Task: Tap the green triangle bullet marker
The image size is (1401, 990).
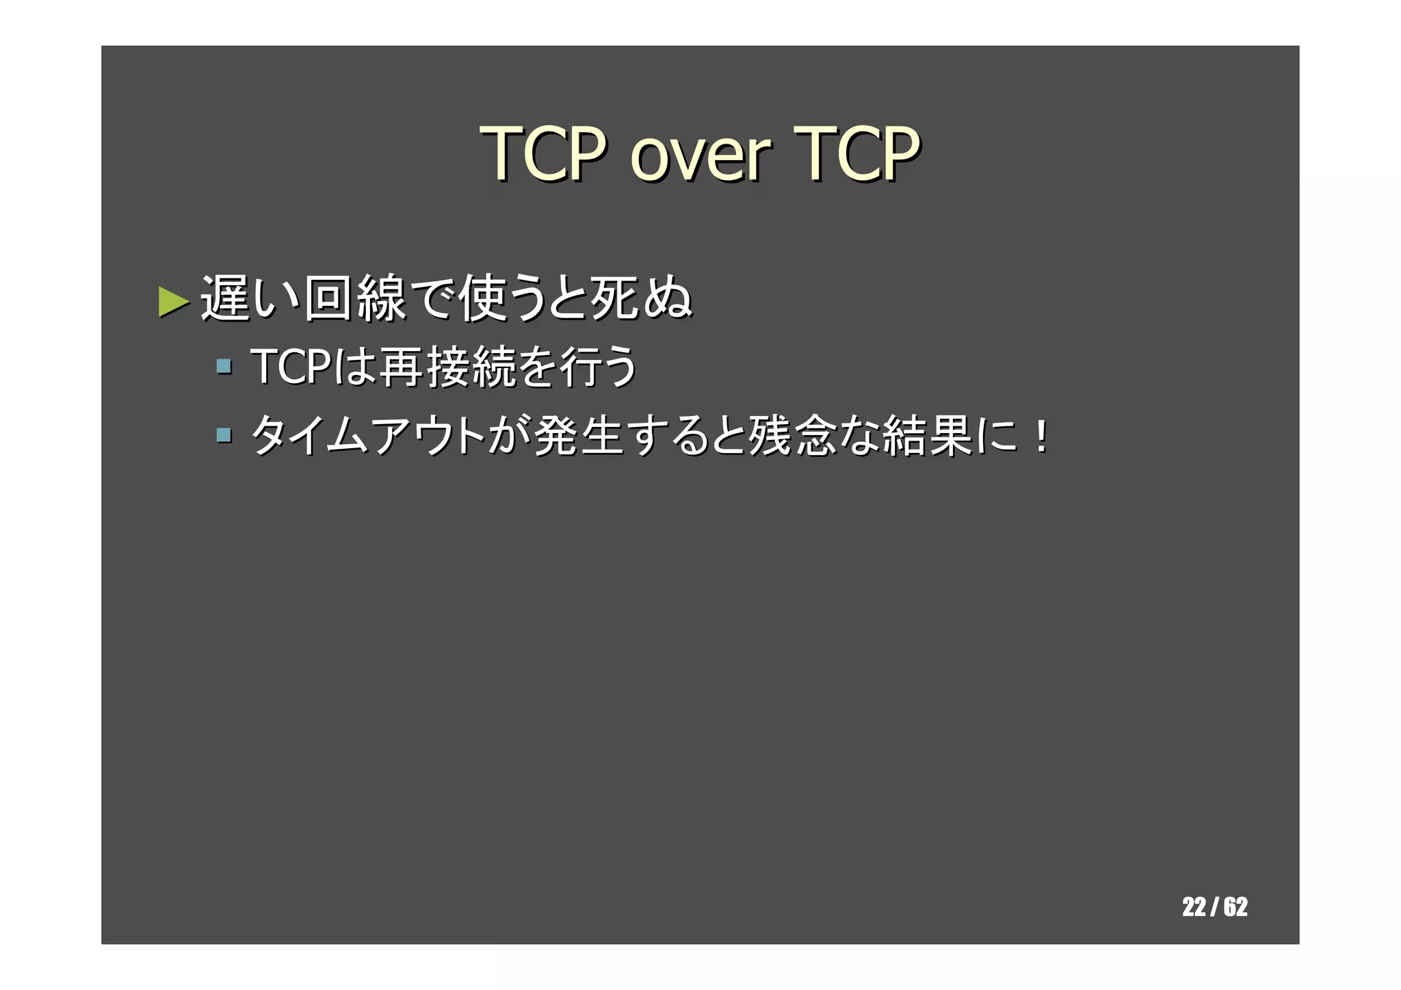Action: (x=173, y=301)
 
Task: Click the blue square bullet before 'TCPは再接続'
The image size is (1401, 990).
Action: (x=223, y=366)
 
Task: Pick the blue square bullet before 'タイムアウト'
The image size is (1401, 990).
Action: (x=223, y=435)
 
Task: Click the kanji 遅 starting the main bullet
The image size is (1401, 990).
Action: (x=224, y=298)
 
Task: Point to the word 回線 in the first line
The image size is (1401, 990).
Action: (x=354, y=298)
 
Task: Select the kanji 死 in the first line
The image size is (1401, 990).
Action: (x=614, y=298)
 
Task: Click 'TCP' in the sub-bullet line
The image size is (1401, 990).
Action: (x=287, y=366)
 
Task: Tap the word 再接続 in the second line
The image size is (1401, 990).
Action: (x=446, y=366)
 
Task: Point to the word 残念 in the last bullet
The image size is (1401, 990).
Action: (x=792, y=435)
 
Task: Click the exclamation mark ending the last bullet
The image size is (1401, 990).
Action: (x=1041, y=437)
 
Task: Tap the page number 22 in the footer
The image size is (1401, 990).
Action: (x=1194, y=907)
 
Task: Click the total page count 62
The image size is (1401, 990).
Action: (x=1235, y=907)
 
